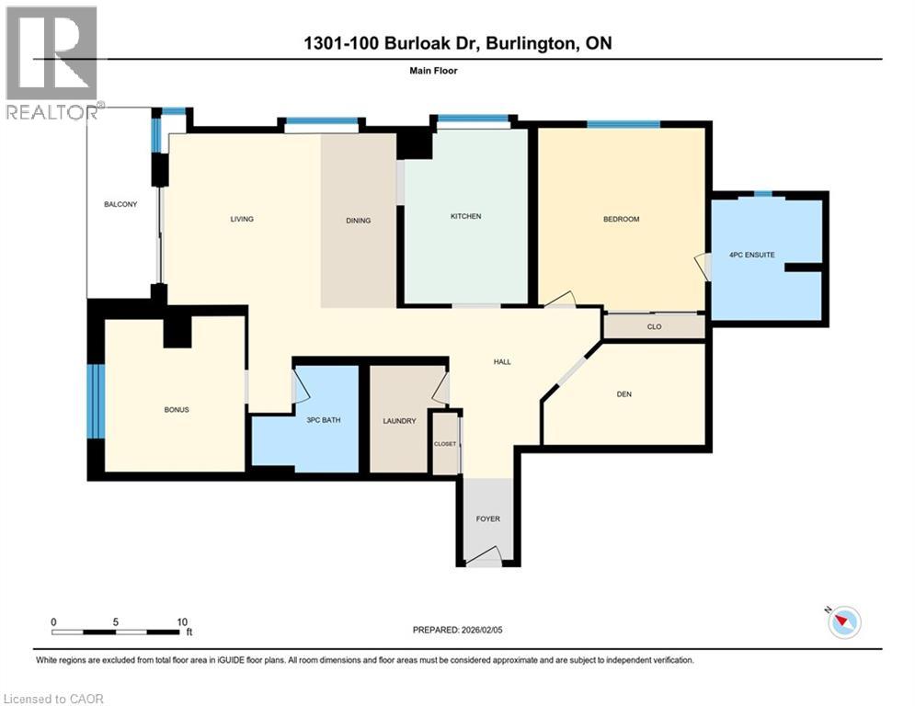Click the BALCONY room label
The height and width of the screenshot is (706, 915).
pos(120,204)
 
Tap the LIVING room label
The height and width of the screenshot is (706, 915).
pos(242,219)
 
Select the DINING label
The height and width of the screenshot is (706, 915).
pos(358,221)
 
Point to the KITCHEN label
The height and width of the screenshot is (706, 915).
pos(465,217)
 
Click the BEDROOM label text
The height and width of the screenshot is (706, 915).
pos(621,219)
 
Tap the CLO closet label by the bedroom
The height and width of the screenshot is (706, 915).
pos(654,326)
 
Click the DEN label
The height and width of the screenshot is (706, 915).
pos(624,394)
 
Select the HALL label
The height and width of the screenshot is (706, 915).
pos(502,362)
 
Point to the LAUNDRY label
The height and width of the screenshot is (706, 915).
pos(399,421)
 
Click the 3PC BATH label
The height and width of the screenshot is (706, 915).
pos(324,421)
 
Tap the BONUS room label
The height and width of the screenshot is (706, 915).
pos(176,409)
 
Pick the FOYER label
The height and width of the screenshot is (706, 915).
pos(487,519)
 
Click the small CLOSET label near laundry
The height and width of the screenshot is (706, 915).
pos(445,444)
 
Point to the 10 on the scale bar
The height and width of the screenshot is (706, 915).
pos(181,621)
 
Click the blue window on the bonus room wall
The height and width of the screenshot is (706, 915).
pos(97,403)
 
